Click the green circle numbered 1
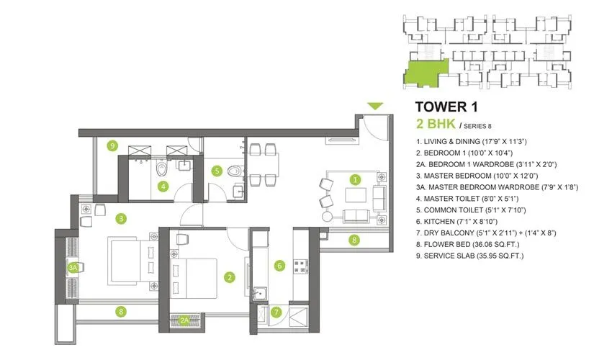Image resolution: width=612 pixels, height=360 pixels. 354,179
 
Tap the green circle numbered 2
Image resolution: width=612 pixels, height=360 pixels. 229,276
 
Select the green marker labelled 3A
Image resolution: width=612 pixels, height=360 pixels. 73,266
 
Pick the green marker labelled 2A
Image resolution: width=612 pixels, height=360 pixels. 185,321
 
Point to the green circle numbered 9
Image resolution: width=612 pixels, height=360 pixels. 112,145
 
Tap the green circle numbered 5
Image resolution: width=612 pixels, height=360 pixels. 217,171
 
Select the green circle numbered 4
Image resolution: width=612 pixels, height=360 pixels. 164,187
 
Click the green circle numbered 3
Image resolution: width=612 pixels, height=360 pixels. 122,217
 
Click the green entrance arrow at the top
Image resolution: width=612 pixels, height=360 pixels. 374,107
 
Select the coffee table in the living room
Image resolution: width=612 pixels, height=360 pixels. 354,196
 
